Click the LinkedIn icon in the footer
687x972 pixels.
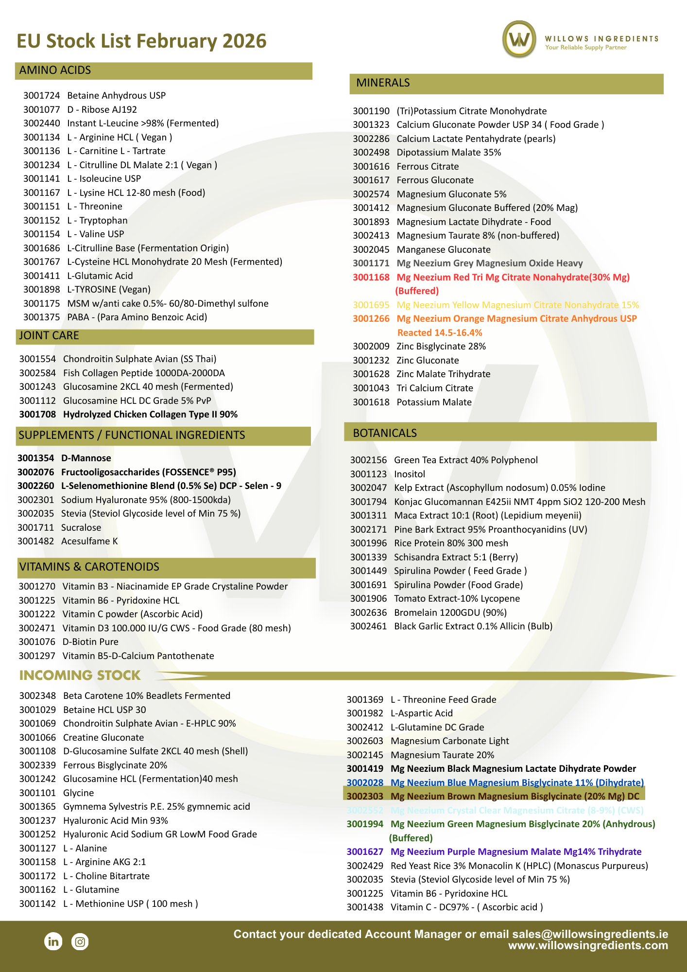(53, 941)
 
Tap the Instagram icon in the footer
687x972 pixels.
(80, 941)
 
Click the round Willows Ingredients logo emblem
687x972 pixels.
(519, 39)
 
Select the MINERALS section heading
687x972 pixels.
(383, 83)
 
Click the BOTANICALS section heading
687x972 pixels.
(385, 433)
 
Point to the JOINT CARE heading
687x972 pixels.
(49, 336)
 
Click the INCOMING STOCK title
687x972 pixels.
(80, 676)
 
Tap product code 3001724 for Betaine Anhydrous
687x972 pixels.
(41, 96)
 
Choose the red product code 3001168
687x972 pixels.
(371, 278)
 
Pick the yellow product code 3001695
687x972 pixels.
(371, 305)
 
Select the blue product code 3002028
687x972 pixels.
(365, 783)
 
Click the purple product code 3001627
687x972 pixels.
(365, 852)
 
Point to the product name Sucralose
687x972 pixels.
(81, 528)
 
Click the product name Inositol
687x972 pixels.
(410, 474)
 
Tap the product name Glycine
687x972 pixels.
(79, 793)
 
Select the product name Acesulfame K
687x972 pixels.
(89, 541)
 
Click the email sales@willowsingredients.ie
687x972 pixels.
(590, 934)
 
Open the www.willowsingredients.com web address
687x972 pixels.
(588, 946)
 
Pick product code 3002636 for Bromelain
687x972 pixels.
(368, 613)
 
